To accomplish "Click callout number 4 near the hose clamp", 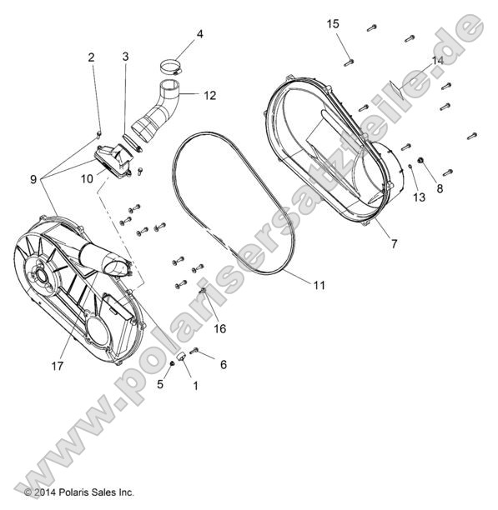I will tap(199, 34).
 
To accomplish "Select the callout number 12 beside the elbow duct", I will tap(209, 96).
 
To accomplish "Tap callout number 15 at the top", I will tap(333, 24).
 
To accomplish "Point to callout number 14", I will tap(438, 62).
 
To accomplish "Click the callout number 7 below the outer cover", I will tap(393, 244).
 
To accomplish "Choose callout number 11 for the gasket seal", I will tap(319, 285).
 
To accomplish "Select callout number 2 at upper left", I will tap(92, 57).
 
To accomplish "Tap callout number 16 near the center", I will tap(220, 329).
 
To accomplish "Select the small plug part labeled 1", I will tap(183, 357).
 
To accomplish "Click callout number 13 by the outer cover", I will tap(419, 197).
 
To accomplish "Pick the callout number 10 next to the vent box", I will tap(87, 178).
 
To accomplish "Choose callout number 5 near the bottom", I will tap(160, 385).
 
